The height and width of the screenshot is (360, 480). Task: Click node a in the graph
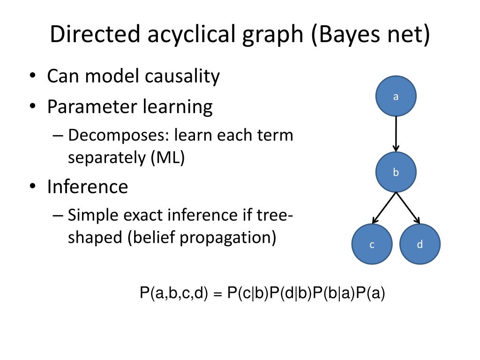tap(396, 97)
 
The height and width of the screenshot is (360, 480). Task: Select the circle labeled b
tap(396, 172)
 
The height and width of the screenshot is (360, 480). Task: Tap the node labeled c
tap(372, 244)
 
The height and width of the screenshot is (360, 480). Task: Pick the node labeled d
tap(420, 244)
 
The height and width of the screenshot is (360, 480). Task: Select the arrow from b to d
tap(408, 208)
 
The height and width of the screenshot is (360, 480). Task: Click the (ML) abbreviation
tap(168, 157)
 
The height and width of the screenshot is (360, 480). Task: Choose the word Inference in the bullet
tap(87, 187)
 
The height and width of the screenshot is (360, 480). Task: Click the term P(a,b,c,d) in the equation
tap(173, 294)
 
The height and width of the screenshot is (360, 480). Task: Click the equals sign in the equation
tap(217, 295)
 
